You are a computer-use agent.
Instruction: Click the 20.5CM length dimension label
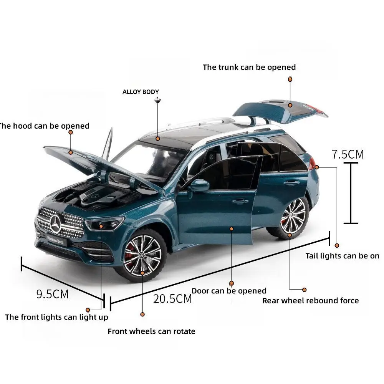pos(172,298)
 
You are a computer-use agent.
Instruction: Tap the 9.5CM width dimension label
pos(52,294)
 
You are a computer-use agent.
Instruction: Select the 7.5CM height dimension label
pos(348,154)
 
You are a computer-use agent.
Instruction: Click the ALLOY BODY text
pos(141,92)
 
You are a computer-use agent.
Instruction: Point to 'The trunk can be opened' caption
pos(249,67)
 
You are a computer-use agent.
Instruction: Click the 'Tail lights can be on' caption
pos(342,256)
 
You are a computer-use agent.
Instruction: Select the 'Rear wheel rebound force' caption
pos(310,301)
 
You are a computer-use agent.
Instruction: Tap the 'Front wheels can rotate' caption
pos(151,331)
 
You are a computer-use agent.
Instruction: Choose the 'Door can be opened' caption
pos(229,291)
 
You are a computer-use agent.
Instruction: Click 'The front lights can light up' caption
pos(56,317)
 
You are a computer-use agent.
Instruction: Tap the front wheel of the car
pos(142,255)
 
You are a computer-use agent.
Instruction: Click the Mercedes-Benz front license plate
pos(56,240)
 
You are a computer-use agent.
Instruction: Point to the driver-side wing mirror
pos(199,185)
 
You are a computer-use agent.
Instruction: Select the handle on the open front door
pos(240,201)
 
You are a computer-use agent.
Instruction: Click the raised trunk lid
pos(280,109)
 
